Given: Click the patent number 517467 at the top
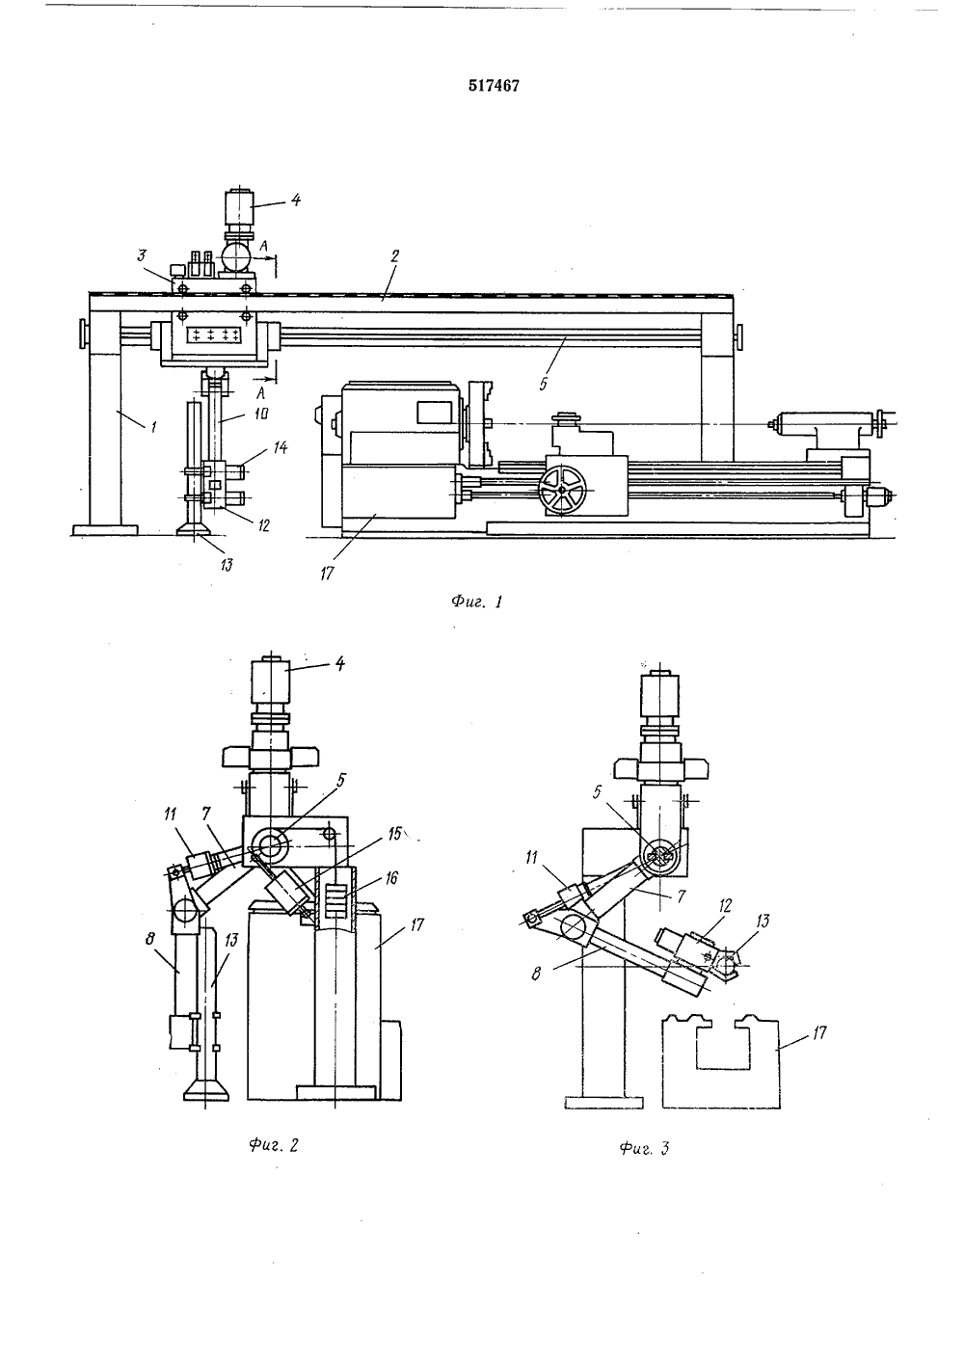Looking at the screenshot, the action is point(494,86).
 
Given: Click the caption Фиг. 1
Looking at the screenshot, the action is point(476,601).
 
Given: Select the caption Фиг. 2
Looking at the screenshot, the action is point(274,1144).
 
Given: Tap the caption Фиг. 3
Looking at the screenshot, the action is point(645,1148).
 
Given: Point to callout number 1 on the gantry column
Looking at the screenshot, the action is point(153,428).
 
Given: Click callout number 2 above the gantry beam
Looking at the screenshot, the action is point(394,255).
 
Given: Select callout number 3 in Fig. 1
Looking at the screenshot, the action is point(142,254).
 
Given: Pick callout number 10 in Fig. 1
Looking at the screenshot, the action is point(260,414).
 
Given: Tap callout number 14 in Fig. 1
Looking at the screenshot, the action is point(280,448).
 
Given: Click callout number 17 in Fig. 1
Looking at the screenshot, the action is point(327,573).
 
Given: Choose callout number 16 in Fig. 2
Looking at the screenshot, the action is point(391,877).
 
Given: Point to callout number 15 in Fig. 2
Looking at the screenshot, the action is point(395,833).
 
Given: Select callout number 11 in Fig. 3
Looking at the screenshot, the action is point(532,858).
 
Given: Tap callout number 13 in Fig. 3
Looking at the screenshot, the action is point(762,921).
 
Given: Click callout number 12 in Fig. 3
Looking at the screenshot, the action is point(725,906).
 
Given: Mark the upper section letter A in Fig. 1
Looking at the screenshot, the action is point(262,245).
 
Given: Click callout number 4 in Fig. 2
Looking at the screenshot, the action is point(339,663).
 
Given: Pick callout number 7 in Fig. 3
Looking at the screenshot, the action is point(681,895).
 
